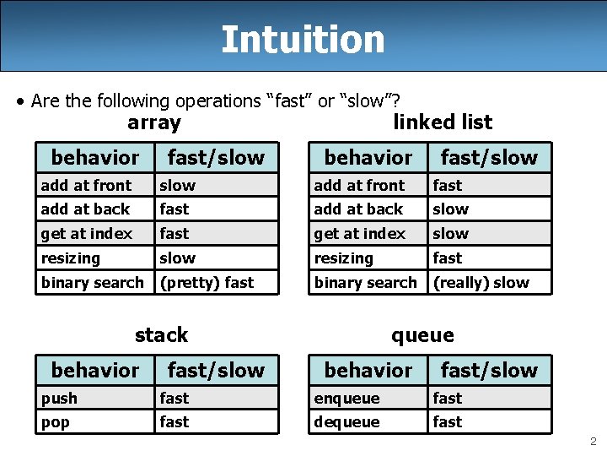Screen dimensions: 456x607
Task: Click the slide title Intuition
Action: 303,39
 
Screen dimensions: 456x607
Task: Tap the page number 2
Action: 594,441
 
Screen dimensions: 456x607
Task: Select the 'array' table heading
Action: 154,123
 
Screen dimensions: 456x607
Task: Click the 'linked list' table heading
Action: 443,122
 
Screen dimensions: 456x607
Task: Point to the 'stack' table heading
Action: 161,335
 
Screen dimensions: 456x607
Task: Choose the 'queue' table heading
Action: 422,335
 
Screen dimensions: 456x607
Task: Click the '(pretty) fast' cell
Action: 207,283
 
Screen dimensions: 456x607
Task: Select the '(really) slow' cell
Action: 481,283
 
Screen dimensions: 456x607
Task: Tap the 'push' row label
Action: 59,398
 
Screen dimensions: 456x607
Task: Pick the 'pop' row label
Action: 56,422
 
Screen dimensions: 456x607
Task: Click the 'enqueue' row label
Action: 346,398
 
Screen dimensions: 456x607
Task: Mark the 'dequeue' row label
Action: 346,422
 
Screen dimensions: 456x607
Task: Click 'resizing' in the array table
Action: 71,258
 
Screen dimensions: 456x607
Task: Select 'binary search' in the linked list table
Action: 366,283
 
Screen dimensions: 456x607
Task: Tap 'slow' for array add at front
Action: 177,186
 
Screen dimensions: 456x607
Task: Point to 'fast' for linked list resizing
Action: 447,258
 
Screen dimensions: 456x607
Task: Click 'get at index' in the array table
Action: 87,234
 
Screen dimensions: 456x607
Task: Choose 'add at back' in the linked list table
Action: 358,209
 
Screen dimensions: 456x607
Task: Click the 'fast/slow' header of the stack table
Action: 216,370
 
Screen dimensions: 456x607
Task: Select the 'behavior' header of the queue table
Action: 368,370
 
